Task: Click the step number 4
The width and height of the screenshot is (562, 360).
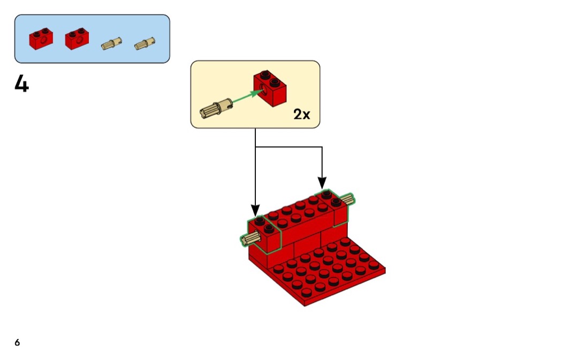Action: (21, 84)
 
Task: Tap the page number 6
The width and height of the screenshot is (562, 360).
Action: (17, 342)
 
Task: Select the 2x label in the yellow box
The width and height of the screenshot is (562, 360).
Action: (301, 114)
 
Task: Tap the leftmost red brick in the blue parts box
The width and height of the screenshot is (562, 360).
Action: (41, 39)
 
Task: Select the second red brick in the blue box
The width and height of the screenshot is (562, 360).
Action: (77, 39)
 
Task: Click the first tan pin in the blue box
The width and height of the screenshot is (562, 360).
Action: (111, 44)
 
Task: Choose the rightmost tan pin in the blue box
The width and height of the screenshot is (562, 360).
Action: (143, 44)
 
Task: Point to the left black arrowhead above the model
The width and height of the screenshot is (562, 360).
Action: (255, 209)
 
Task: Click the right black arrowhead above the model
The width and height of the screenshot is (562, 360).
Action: (322, 182)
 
